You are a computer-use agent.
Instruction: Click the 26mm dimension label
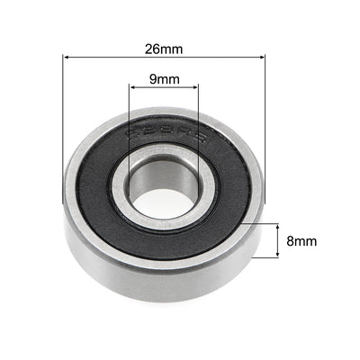tap(164, 41)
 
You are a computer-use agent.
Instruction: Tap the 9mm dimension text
tap(163, 79)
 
